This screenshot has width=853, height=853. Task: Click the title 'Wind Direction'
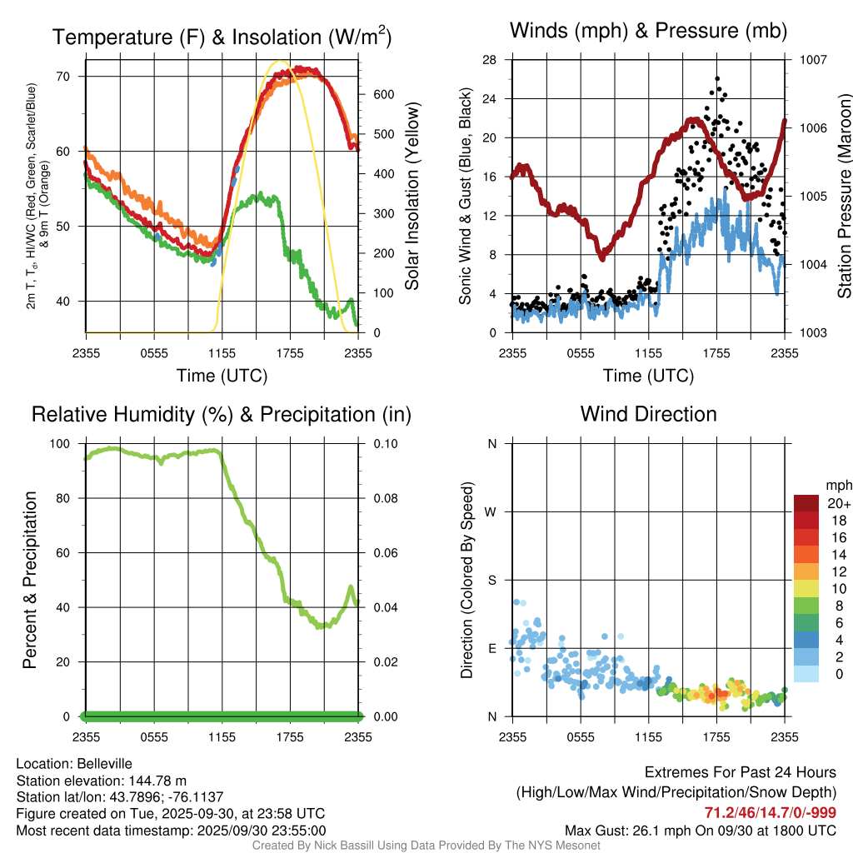click(x=648, y=414)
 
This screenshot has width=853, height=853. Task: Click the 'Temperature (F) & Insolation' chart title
click(x=222, y=37)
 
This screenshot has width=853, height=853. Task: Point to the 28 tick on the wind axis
click(x=490, y=60)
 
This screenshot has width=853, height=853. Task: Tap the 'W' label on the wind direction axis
click(x=491, y=512)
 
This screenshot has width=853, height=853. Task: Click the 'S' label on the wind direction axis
click(x=491, y=581)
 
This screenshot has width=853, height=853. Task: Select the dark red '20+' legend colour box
click(x=806, y=503)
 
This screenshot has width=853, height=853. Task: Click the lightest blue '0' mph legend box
click(x=806, y=675)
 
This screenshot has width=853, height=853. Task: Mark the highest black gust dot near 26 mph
click(x=717, y=79)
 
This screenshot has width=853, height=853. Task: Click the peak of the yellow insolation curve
click(x=280, y=62)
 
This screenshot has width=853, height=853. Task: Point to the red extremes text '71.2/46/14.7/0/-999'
click(x=771, y=813)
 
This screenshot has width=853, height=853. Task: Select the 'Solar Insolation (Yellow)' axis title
click(x=412, y=197)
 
